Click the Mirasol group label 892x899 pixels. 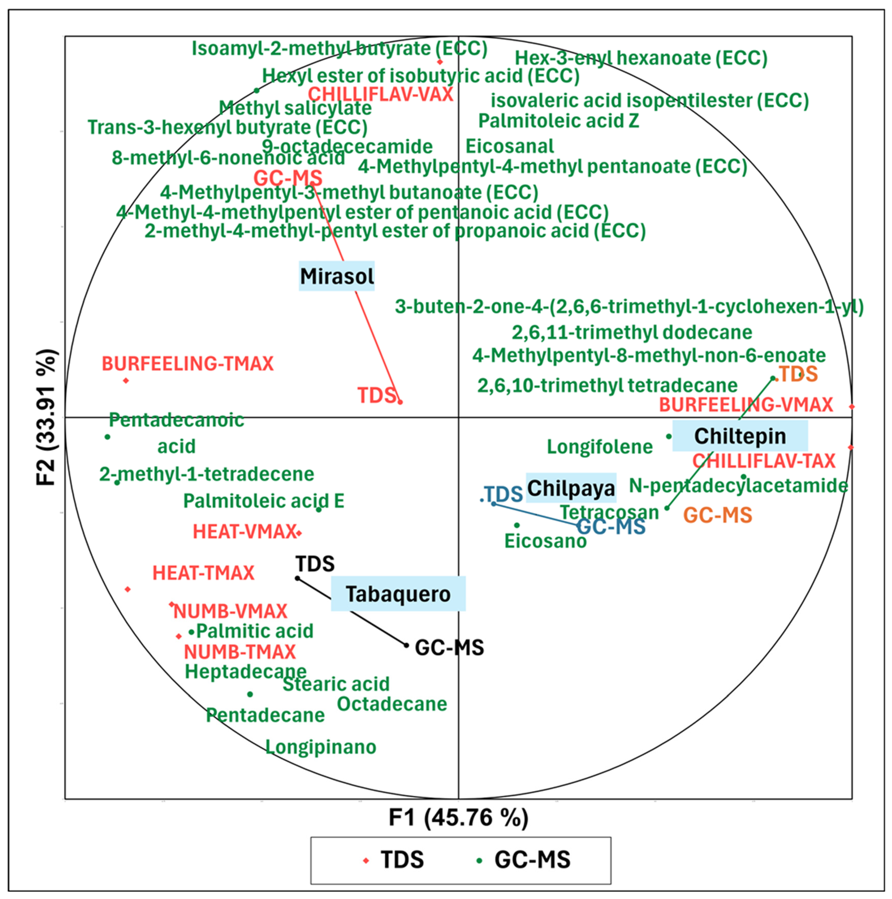pyautogui.click(x=336, y=276)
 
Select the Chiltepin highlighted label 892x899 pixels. pyautogui.click(x=740, y=436)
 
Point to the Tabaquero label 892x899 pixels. pyautogui.click(x=398, y=594)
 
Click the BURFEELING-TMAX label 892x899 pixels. pyautogui.click(x=188, y=363)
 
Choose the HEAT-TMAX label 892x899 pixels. pyautogui.click(x=203, y=573)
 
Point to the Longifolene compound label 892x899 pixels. pyautogui.click(x=600, y=447)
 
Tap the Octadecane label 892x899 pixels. pyautogui.click(x=392, y=704)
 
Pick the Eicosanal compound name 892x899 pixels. pyautogui.click(x=510, y=146)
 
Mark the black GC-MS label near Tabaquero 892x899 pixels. pyautogui.click(x=449, y=647)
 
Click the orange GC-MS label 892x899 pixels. pyautogui.click(x=717, y=515)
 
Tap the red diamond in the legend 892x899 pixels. pyautogui.click(x=366, y=860)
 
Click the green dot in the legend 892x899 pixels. pyautogui.click(x=479, y=860)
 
